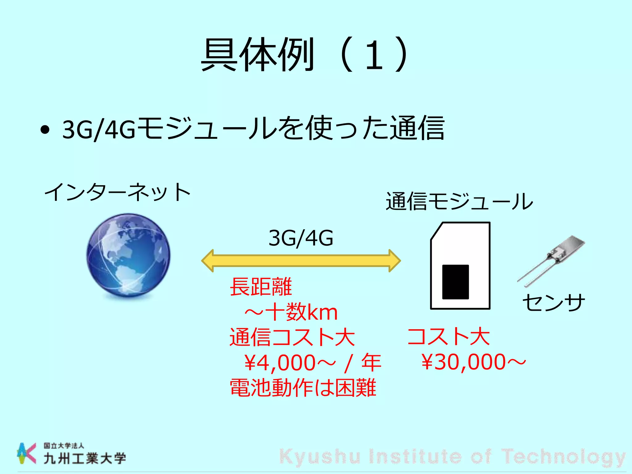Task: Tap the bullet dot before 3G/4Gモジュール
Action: coord(45,130)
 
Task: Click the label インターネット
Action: coord(117,192)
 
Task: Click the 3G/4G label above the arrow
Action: coord(301,238)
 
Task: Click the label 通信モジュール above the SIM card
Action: coord(459,201)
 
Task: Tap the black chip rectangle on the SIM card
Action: coord(455,282)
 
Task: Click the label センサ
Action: coord(554,302)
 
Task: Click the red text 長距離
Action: coord(261,287)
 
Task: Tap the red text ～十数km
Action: coord(291,312)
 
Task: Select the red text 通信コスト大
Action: coord(292,337)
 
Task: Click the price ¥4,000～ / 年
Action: coord(312,363)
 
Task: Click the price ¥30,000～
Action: coord(473,362)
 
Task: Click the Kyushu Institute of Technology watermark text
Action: coord(452,457)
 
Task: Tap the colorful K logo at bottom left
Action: coord(26,453)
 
